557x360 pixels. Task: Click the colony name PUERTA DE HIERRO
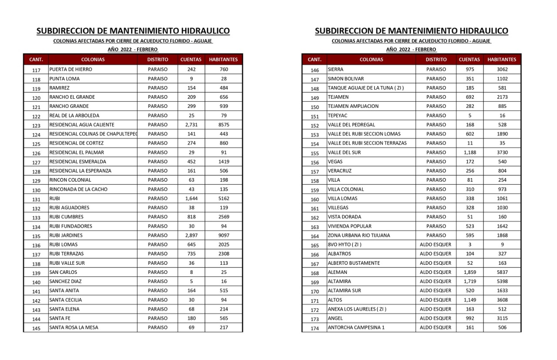[x=70, y=70]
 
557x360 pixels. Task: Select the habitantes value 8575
[x=224, y=125]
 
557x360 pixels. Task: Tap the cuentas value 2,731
[x=191, y=125]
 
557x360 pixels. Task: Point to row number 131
[x=36, y=199]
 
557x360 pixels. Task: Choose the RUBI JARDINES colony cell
[x=66, y=236]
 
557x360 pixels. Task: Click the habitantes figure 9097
[x=224, y=236]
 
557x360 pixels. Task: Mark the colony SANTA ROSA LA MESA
[x=74, y=328]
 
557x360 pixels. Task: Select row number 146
[x=315, y=70]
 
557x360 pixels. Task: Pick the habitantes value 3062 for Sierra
[x=502, y=70]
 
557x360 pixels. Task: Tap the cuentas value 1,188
[x=470, y=153]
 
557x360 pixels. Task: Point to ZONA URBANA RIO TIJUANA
[x=359, y=236]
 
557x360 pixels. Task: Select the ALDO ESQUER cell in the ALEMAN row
[x=436, y=273]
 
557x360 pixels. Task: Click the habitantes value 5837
[x=502, y=273]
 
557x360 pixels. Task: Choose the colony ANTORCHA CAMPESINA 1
[x=356, y=328]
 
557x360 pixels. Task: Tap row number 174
[x=315, y=329]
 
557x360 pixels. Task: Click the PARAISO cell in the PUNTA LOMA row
[x=158, y=79]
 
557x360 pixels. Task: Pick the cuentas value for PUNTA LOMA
[x=191, y=79]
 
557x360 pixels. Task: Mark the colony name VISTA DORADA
[x=344, y=217]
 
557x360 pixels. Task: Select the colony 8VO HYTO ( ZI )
[x=344, y=245]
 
